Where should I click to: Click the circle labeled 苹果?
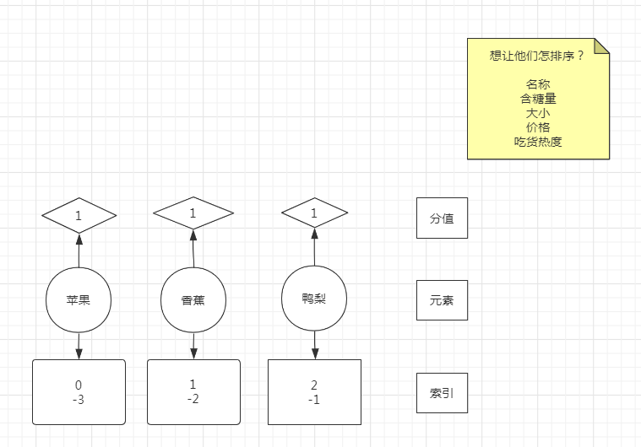pos(79,299)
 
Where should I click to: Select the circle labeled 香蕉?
pos(193,299)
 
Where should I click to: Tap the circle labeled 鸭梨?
pos(314,299)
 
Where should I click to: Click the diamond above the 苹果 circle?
pos(79,216)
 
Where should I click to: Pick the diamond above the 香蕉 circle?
pos(193,213)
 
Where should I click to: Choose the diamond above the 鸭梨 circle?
pos(314,214)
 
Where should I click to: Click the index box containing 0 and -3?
pos(79,392)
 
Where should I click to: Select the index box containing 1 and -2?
pos(193,392)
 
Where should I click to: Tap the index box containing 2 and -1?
pos(314,392)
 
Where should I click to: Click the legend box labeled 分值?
pos(442,218)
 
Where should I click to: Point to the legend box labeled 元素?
pos(442,300)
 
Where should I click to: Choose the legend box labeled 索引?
pos(442,393)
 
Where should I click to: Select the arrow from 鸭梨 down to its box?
pos(314,344)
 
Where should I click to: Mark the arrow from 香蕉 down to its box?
pos(193,344)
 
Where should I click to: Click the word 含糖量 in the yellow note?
pos(538,99)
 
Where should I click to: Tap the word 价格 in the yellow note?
pos(538,127)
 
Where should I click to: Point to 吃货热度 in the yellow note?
pos(538,142)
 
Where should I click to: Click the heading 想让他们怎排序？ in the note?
pos(537,56)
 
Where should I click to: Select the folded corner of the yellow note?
pos(600,46)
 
